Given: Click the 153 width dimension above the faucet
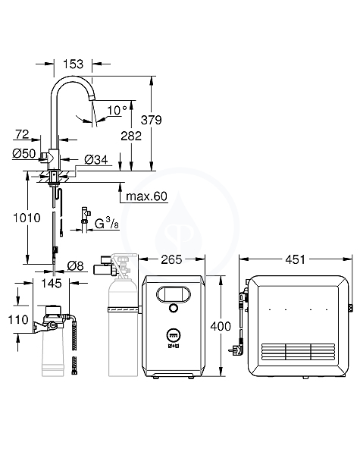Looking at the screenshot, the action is pyautogui.click(x=73, y=64).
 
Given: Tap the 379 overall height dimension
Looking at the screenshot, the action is pyautogui.click(x=151, y=120).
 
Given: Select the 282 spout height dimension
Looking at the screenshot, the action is pyautogui.click(x=131, y=136).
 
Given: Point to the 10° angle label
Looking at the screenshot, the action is pyautogui.click(x=117, y=110).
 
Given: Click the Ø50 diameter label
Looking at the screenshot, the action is pyautogui.click(x=24, y=153).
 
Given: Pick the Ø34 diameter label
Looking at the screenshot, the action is pyautogui.click(x=96, y=159).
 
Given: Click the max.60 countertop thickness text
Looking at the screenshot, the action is pyautogui.click(x=146, y=196).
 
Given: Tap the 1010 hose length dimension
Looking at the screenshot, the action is pyautogui.click(x=27, y=218).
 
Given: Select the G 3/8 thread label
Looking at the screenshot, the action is pyautogui.click(x=107, y=224).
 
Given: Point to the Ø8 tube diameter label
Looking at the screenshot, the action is pyautogui.click(x=76, y=266).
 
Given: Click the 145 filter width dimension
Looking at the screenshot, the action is pyautogui.click(x=52, y=283).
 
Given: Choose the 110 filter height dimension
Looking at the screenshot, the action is pyautogui.click(x=18, y=320).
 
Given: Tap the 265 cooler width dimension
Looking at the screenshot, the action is pyautogui.click(x=171, y=259).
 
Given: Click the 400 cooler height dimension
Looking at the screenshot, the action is pyautogui.click(x=221, y=326).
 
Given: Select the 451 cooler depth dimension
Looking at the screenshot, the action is pyautogui.click(x=295, y=259).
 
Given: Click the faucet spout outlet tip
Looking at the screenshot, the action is pyautogui.click(x=92, y=99).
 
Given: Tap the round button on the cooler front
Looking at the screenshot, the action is pyautogui.click(x=174, y=308).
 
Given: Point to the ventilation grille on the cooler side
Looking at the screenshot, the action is pyautogui.click(x=298, y=352).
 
